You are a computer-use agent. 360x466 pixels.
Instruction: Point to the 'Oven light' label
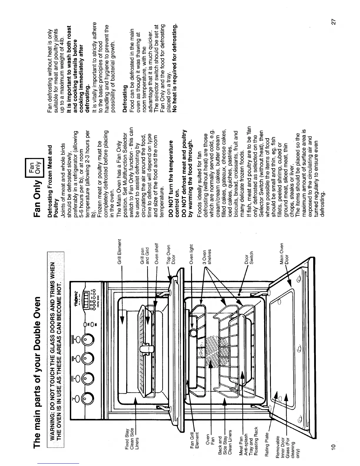191,254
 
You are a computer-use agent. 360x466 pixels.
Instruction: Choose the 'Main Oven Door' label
284,255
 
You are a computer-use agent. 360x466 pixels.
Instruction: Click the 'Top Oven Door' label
171,256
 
